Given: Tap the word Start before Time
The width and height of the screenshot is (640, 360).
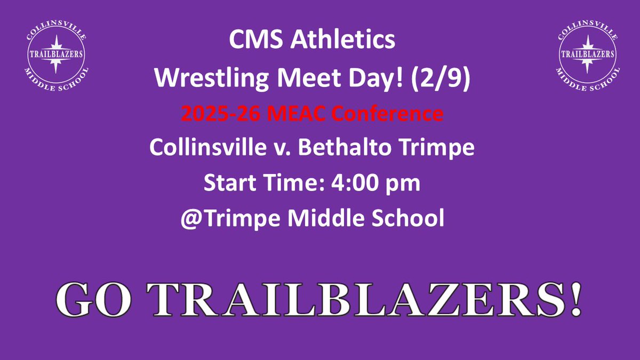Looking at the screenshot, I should (x=229, y=183).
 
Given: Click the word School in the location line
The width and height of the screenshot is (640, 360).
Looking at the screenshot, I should (x=410, y=218).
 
